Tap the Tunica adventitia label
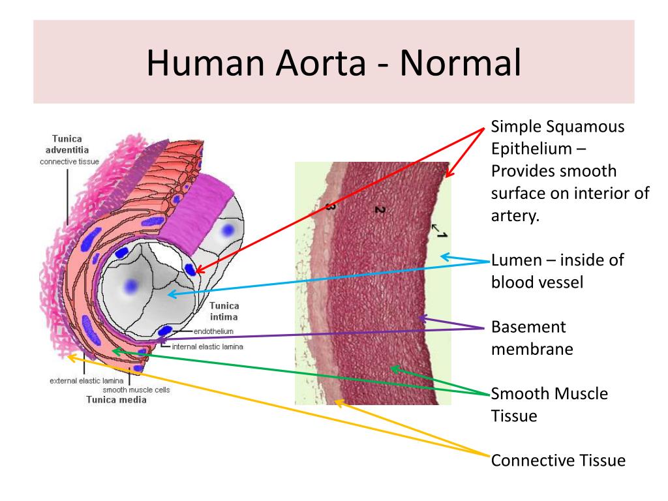(72, 144)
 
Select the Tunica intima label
(224, 311)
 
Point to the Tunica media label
(116, 400)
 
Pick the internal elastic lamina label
(207, 347)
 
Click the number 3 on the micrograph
(330, 207)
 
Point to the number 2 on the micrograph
(380, 209)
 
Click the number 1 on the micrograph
(441, 234)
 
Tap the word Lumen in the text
(515, 260)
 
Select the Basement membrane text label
(532, 337)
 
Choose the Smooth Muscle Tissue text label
(549, 404)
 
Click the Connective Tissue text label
(558, 461)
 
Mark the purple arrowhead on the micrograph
(422, 318)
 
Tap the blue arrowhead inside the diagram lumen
(172, 295)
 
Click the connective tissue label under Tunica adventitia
(69, 161)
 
